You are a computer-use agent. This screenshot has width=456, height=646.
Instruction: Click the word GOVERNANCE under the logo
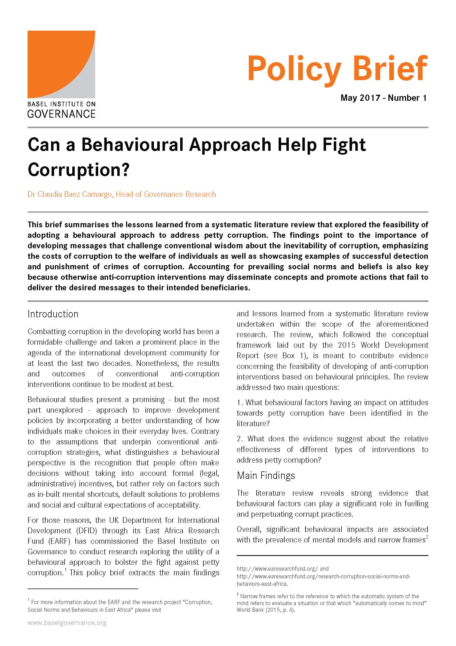pos(61,114)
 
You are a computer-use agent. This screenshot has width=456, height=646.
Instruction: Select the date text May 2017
pos(360,98)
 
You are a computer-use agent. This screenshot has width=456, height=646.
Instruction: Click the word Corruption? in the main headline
pos(78,170)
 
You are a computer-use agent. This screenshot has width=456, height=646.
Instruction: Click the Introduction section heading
pos(53,314)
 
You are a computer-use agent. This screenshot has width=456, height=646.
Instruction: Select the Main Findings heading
pos(265,475)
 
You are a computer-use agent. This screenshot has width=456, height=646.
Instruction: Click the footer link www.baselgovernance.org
pos(67,631)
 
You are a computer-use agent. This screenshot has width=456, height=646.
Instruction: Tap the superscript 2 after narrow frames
pos(427,537)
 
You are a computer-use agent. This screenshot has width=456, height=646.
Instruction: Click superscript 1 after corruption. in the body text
pos(65,570)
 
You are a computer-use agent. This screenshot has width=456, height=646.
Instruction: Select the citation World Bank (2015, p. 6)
pos(266,610)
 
